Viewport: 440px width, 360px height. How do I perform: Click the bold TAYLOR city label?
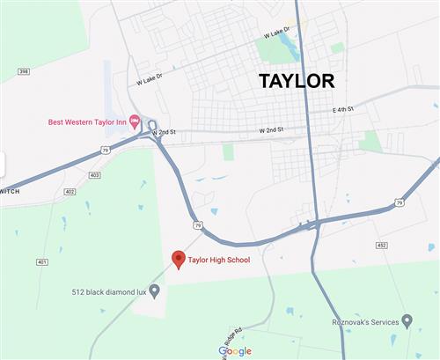pos(296,81)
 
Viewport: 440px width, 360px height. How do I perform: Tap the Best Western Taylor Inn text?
pos(87,121)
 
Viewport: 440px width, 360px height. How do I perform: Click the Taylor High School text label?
pos(219,260)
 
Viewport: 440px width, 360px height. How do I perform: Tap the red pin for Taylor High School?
pos(178,259)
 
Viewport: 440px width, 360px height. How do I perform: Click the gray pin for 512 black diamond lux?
pos(155,290)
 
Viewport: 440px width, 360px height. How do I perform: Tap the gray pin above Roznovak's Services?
pos(406,320)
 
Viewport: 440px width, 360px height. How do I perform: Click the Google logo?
pos(235,351)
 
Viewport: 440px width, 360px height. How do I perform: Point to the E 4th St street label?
pos(342,109)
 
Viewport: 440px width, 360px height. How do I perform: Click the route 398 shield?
pos(24,71)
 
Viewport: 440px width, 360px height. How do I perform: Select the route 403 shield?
pos(94,176)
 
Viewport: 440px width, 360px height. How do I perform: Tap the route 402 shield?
pos(70,191)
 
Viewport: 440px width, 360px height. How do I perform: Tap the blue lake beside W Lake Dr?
pos(290,47)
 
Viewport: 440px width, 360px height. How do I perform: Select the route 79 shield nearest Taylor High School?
pos(199,226)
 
